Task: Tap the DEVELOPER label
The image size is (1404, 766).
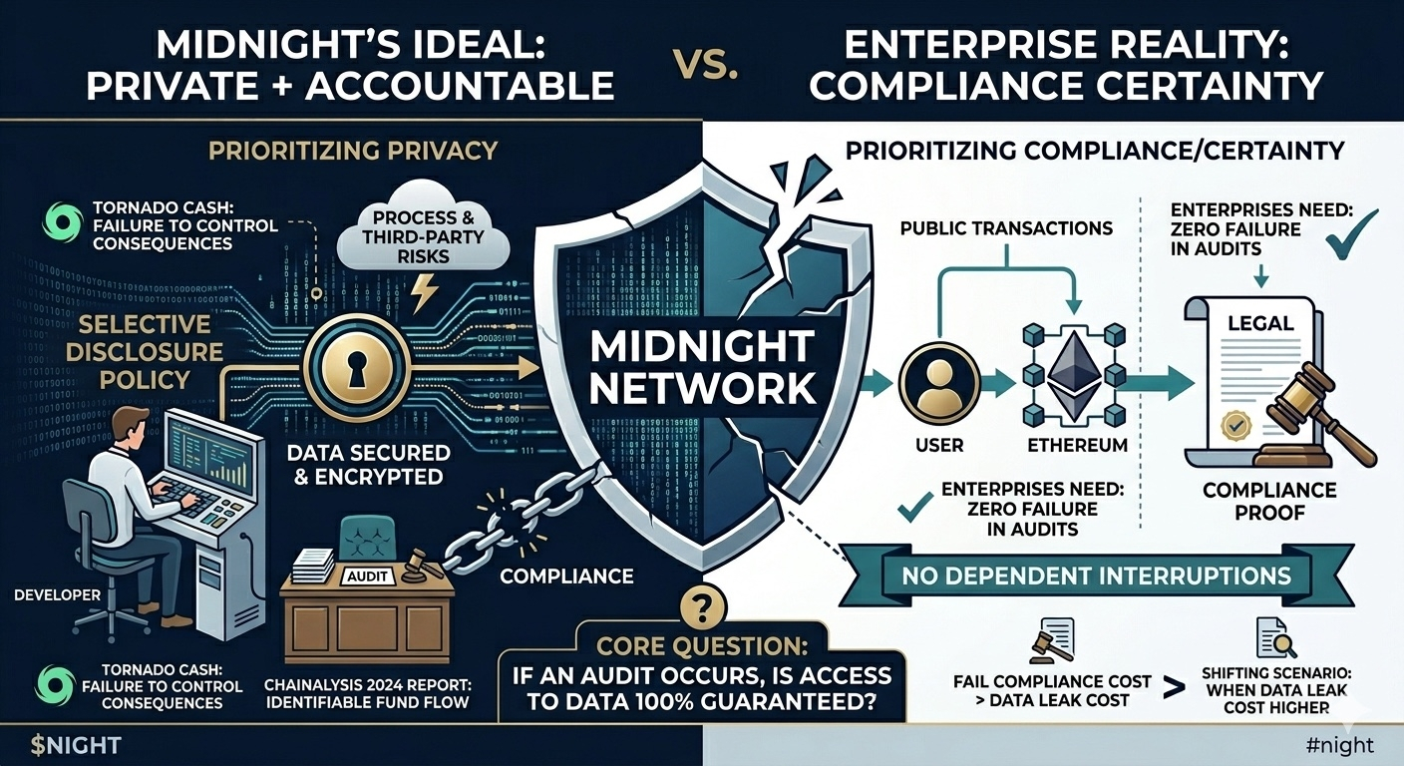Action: pyautogui.click(x=58, y=594)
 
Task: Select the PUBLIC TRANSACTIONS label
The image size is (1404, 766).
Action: pyautogui.click(x=1005, y=227)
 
